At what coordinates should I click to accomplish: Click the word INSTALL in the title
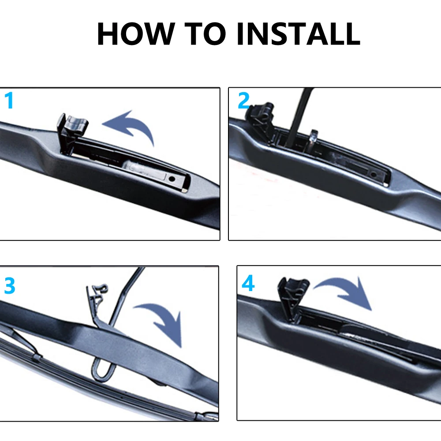[298, 34]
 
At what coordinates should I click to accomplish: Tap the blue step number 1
[9, 101]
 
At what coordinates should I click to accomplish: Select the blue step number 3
[9, 286]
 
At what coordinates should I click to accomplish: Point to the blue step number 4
[248, 284]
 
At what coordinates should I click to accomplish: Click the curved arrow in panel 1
[130, 125]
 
